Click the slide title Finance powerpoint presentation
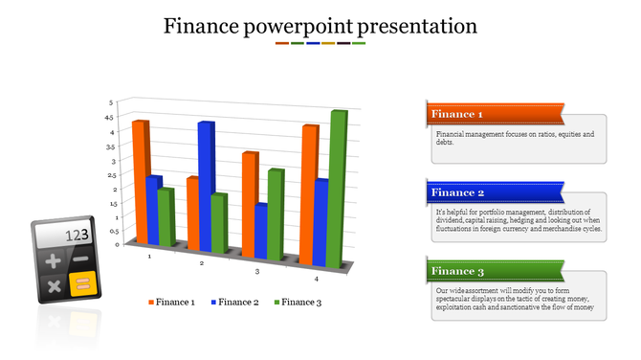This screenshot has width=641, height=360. tap(320, 26)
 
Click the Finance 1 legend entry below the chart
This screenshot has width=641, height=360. tap(171, 303)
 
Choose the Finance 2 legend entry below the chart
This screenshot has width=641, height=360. tap(232, 303)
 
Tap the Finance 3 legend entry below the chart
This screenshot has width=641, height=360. tap(297, 303)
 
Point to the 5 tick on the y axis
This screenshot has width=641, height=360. tap(110, 101)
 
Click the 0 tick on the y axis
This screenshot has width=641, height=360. tap(118, 244)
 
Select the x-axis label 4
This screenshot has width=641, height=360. tap(317, 279)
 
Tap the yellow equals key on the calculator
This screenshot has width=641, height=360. tap(83, 283)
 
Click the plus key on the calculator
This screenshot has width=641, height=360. tap(53, 260)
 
